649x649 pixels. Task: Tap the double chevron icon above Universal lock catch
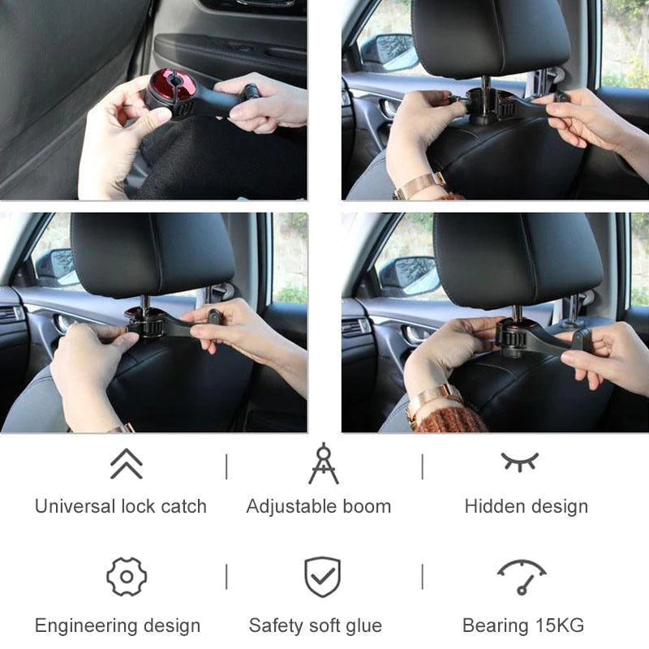[x=126, y=464]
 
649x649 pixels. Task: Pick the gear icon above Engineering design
[x=127, y=577]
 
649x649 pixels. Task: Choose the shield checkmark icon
[x=322, y=577]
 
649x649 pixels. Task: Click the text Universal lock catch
[x=120, y=506]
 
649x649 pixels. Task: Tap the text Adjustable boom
[x=318, y=506]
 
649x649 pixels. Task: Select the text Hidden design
[x=526, y=506]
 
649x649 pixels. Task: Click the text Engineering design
[x=117, y=625]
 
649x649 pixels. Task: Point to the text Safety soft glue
[x=315, y=625]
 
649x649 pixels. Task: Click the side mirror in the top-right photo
[x=389, y=52]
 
